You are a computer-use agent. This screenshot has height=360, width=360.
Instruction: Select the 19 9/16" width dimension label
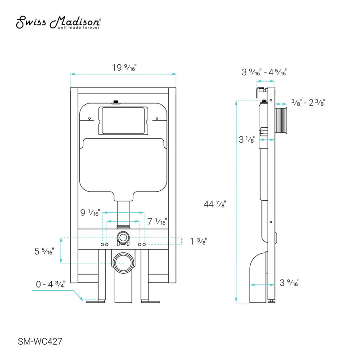pyautogui.click(x=124, y=67)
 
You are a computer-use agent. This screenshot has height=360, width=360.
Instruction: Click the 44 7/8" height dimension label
pyautogui.click(x=215, y=203)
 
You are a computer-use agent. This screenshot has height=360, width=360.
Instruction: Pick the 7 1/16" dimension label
pyautogui.click(x=157, y=221)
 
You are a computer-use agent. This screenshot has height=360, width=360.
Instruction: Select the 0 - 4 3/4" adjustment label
pyautogui.click(x=51, y=284)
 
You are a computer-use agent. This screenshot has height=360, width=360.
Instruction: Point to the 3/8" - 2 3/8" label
pyautogui.click(x=308, y=103)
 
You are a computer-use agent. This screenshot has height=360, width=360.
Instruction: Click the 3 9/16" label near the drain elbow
pyautogui.click(x=289, y=283)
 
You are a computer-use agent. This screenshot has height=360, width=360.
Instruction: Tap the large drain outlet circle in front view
pyautogui.click(x=123, y=262)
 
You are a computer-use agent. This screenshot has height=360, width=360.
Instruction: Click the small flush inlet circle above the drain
pyautogui.click(x=123, y=237)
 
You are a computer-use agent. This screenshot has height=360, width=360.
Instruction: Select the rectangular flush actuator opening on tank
pyautogui.click(x=123, y=120)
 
